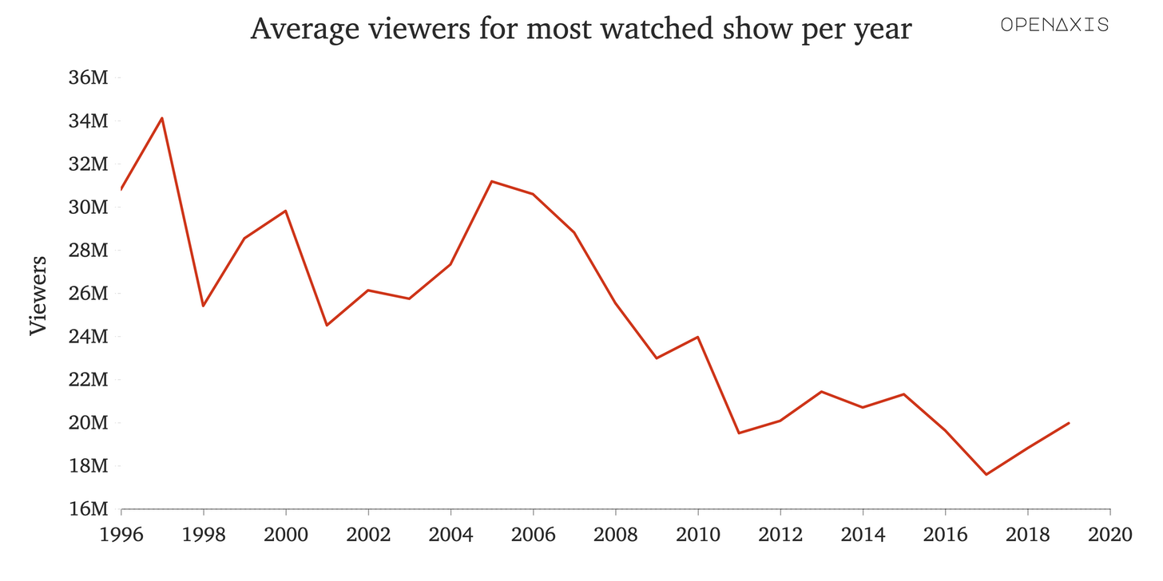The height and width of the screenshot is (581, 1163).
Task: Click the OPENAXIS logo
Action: coord(1054,25)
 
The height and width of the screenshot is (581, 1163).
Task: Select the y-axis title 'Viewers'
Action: coord(38,295)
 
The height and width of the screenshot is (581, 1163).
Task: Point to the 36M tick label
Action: coord(87,78)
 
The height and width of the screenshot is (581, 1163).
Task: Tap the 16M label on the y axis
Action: coord(87,509)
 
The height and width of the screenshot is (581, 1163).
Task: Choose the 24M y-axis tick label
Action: coord(87,337)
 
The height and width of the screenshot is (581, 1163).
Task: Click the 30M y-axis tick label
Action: coord(87,207)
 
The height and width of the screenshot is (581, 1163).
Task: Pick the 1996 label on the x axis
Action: coord(121,534)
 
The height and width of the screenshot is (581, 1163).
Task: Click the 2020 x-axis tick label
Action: coord(1110,534)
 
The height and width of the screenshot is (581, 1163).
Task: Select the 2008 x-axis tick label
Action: coord(616,534)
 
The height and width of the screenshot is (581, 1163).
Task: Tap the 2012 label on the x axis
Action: coord(780,534)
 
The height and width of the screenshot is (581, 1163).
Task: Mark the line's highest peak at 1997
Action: coord(162,118)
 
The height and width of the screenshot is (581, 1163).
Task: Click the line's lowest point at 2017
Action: coord(986,474)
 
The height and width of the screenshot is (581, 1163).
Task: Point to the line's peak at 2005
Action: coord(492,181)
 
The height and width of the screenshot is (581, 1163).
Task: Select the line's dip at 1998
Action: coord(204,306)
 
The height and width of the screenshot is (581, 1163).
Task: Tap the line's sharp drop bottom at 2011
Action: coord(739,433)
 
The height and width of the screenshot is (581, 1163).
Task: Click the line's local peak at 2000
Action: coord(286,211)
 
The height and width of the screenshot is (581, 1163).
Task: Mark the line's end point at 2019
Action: coord(1069,423)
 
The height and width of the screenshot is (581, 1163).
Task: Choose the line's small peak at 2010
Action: coord(698,337)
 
